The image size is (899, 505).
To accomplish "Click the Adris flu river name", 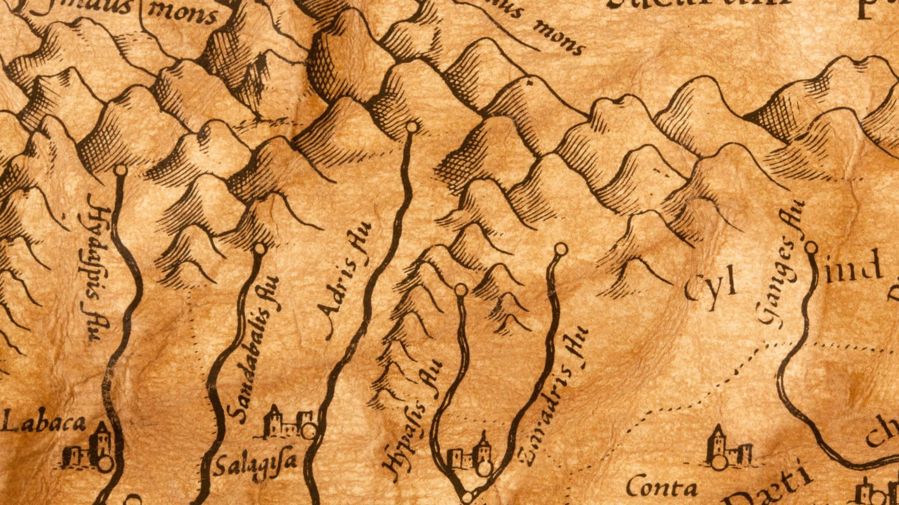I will (345, 281).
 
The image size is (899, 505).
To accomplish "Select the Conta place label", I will (661, 489).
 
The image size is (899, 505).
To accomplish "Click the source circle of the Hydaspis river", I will (121, 170).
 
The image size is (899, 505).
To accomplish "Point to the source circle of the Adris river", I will (412, 127).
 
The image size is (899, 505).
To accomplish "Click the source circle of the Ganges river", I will (811, 247).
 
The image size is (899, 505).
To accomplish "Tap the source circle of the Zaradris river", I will (560, 249).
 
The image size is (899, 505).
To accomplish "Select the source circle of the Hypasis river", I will (461, 290).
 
